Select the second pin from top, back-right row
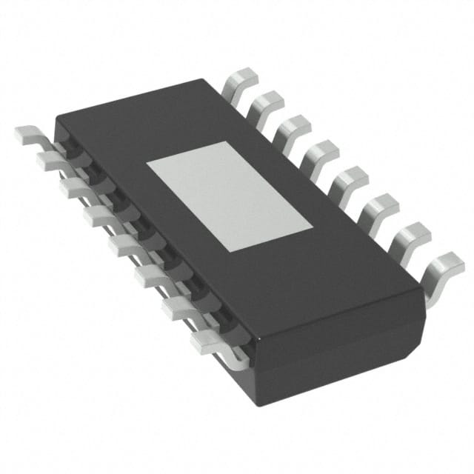pyautogui.click(x=267, y=103)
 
